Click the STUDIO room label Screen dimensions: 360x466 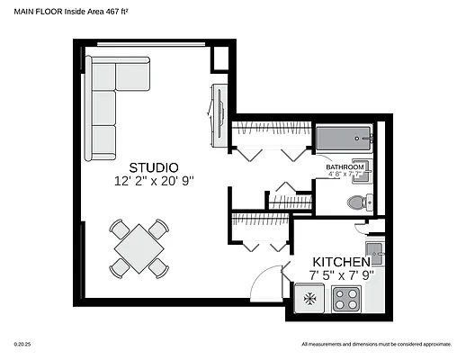coord(154,167)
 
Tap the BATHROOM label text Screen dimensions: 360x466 coord(345,167)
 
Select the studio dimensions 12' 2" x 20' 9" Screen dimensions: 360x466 coord(154,181)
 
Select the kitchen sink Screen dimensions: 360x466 coord(373,251)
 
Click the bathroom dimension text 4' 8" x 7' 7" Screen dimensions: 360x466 coord(345,175)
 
